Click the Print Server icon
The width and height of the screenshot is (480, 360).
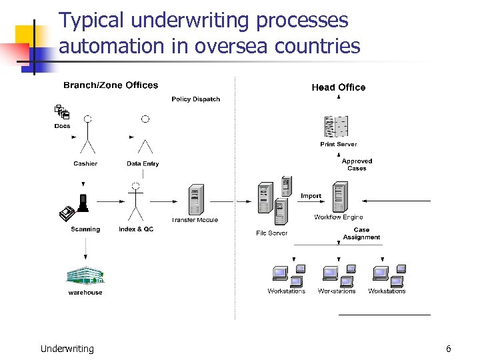pos(336,127)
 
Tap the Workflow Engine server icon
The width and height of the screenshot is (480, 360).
pos(340,197)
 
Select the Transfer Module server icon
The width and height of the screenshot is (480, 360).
pos(196,199)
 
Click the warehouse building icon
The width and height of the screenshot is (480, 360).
pos(85,275)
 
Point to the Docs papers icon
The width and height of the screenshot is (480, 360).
pos(62,112)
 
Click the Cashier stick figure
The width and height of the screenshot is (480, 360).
pos(88,135)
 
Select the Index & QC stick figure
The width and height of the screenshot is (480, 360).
pos(135,202)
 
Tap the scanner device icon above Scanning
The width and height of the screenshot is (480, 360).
pos(74,207)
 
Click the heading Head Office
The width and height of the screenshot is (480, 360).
pos(339,87)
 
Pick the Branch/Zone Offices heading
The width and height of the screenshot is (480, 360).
pos(111,85)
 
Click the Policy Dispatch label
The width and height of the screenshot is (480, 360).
pos(195,99)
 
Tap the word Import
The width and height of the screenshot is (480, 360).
pos(311,196)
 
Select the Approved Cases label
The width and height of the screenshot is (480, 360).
pos(357,165)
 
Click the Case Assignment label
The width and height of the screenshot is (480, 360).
pos(361,233)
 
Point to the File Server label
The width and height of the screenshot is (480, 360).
pos(272,233)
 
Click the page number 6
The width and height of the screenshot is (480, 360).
pos(449,349)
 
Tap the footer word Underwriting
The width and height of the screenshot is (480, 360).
pos(67,349)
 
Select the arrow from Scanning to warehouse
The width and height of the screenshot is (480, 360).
pos(86,249)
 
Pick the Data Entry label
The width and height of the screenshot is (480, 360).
pos(143,164)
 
